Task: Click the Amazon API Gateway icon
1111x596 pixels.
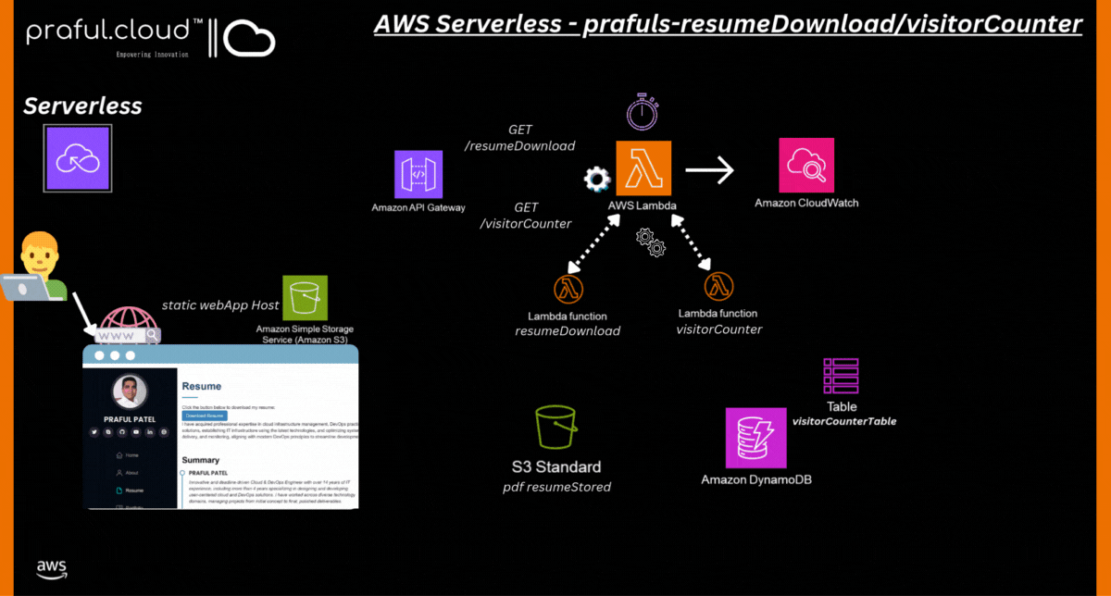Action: [x=418, y=174]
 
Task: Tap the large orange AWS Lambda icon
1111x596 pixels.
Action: [x=644, y=168]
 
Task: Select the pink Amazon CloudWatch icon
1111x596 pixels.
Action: [x=805, y=166]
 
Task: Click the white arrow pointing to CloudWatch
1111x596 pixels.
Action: [x=709, y=169]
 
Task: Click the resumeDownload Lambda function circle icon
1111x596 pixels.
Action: [x=568, y=289]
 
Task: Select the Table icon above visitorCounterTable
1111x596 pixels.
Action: [x=841, y=377]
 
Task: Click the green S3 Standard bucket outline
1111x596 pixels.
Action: [x=556, y=427]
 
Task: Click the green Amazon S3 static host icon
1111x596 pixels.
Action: [x=305, y=298]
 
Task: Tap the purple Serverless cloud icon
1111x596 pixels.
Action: [x=79, y=160]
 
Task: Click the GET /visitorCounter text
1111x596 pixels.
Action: [x=525, y=216]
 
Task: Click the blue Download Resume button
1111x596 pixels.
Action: [x=205, y=416]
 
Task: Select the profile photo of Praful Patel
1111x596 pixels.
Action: [x=131, y=392]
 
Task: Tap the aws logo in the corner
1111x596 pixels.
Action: [x=52, y=566]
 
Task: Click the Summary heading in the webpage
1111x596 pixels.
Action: [x=201, y=460]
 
